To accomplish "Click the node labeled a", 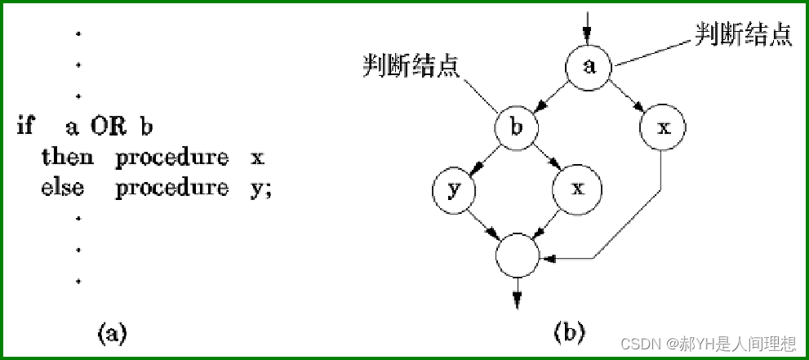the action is [589, 67].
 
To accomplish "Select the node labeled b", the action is [518, 128].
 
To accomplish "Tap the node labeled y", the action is [455, 189].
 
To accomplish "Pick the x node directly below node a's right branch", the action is [663, 128].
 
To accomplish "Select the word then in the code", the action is [66, 158].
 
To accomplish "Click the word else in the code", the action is [62, 188].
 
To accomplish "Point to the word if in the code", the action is [25, 127].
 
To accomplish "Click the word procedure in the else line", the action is [171, 188].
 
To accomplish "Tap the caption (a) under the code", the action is [112, 333].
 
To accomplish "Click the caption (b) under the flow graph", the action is [569, 332].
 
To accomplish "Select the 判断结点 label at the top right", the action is [743, 35].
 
